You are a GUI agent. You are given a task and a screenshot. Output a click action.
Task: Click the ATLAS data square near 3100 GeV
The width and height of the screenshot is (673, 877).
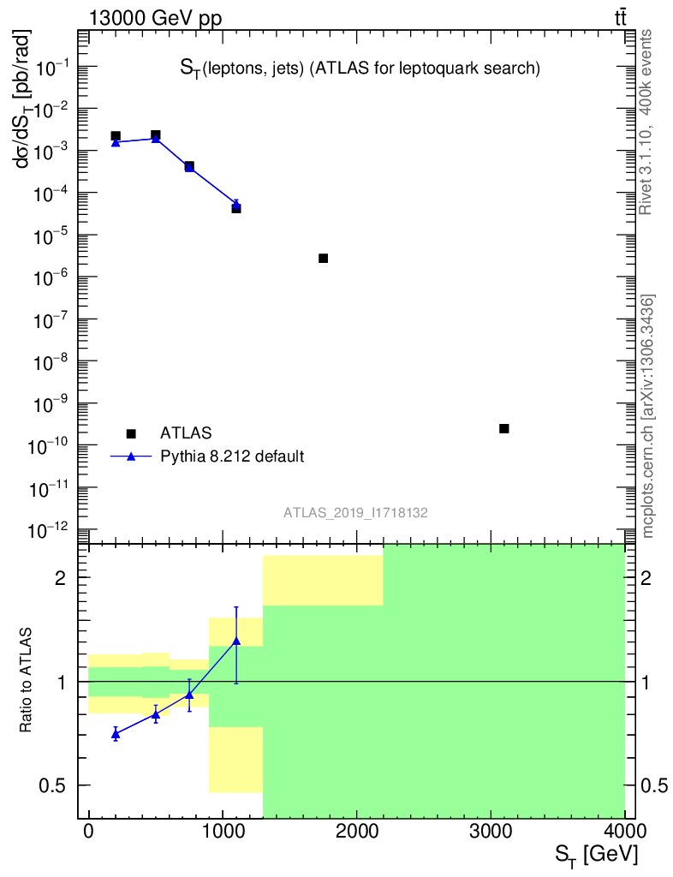pos(504,428)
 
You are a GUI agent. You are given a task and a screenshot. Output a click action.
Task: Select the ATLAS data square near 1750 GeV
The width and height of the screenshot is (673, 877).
pos(324,258)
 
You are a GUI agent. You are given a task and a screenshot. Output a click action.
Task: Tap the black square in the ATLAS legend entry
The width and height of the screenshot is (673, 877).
pos(131,434)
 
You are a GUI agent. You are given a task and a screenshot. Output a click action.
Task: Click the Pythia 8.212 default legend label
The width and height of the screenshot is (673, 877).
pos(232,456)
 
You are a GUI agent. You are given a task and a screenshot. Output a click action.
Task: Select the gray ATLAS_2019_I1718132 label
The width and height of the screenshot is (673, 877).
pos(356,512)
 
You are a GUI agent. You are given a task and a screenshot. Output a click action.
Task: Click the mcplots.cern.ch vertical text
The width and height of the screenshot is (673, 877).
pos(648,415)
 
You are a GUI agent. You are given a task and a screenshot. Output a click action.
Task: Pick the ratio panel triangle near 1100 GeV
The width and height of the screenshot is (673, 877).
pos(236,641)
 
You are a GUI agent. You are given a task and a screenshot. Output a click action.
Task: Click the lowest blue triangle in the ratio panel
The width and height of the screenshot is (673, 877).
pos(116,734)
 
